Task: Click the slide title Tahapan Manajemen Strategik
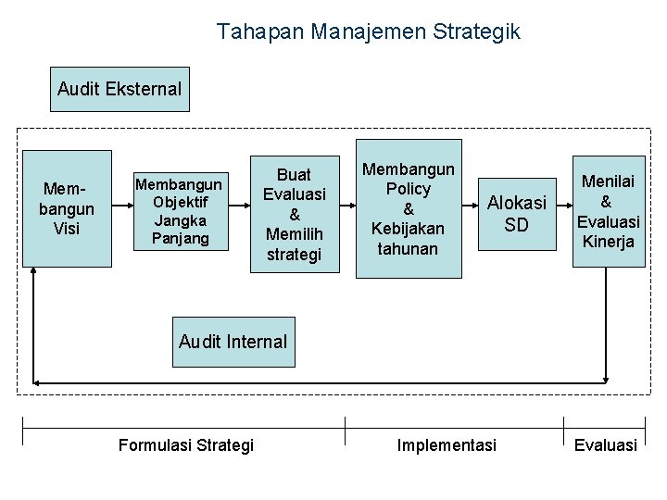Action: tap(369, 31)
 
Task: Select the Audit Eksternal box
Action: tap(120, 89)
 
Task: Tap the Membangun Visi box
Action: tap(67, 208)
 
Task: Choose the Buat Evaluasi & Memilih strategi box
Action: tap(295, 214)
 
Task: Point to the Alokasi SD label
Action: tap(517, 213)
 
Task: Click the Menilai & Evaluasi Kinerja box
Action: tap(608, 211)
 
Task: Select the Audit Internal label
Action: tap(233, 342)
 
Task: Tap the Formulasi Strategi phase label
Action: tap(186, 445)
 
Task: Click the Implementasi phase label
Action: tap(447, 445)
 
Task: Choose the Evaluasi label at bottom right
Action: tap(606, 445)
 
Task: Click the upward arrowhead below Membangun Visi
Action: tap(33, 272)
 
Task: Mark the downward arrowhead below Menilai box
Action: tap(606, 377)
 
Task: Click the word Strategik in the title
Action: tap(481, 31)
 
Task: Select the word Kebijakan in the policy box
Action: tap(409, 228)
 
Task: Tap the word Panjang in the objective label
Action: tap(182, 238)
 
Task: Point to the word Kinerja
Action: tap(608, 242)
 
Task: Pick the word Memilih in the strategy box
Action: tap(295, 233)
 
